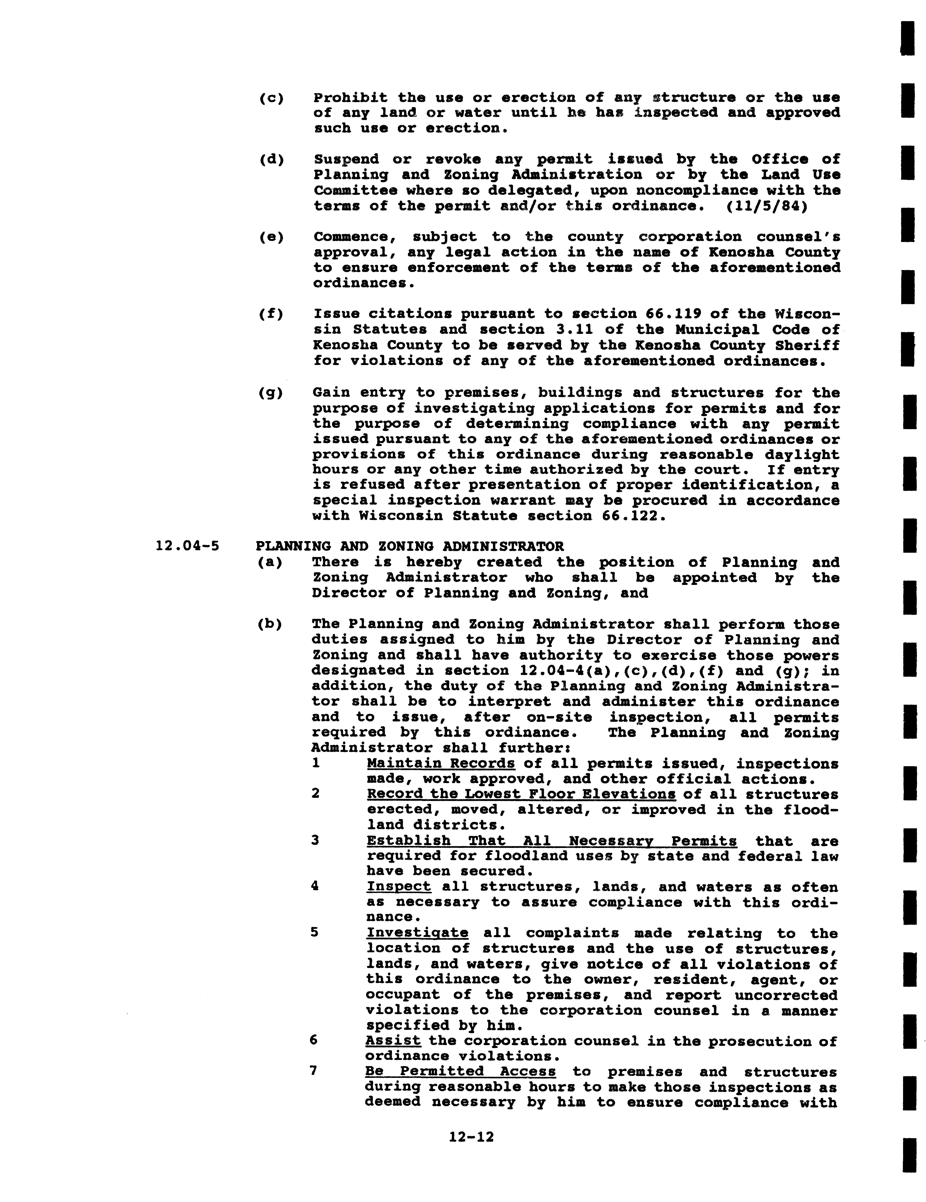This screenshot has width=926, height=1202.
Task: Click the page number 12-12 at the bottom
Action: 471,1137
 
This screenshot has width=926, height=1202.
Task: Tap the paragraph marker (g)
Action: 271,393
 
